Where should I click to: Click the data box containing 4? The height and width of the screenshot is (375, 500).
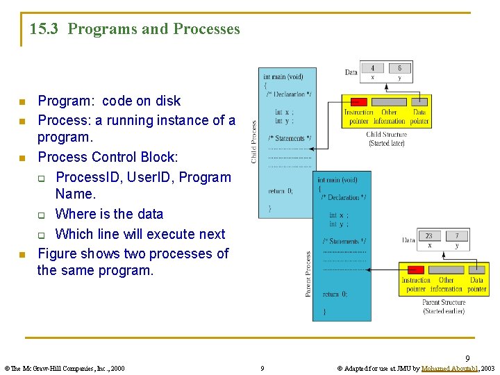pyautogui.click(x=373, y=68)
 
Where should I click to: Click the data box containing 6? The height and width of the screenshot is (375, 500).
pyautogui.click(x=399, y=68)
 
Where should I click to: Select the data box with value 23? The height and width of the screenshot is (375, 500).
pyautogui.click(x=429, y=236)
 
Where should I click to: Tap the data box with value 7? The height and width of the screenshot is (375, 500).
pyautogui.click(x=456, y=236)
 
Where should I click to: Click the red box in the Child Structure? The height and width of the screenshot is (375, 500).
pyautogui.click(x=358, y=101)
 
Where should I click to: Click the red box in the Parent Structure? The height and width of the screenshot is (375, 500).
pyautogui.click(x=415, y=269)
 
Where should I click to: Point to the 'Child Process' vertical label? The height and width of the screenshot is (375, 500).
pyautogui.click(x=253, y=142)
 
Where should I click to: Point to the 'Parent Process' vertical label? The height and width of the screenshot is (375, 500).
pyautogui.click(x=308, y=274)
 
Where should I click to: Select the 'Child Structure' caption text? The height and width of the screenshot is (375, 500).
pyautogui.click(x=386, y=135)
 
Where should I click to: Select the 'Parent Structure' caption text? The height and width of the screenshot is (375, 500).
pyautogui.click(x=444, y=302)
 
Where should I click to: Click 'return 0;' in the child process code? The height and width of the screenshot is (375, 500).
pyautogui.click(x=281, y=191)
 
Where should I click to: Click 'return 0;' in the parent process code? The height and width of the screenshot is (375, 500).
pyautogui.click(x=335, y=294)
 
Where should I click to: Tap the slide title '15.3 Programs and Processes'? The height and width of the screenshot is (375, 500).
pyautogui.click(x=135, y=29)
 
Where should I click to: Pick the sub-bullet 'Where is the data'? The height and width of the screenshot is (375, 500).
pyautogui.click(x=109, y=214)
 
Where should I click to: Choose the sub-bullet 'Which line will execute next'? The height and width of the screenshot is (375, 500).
pyautogui.click(x=140, y=234)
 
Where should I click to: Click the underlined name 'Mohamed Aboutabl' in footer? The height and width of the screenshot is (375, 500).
pyautogui.click(x=449, y=368)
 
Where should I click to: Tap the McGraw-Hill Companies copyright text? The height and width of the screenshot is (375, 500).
pyautogui.click(x=65, y=368)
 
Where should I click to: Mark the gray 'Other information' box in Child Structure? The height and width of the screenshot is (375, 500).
pyautogui.click(x=390, y=101)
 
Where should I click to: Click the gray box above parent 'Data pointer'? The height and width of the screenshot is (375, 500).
pyautogui.click(x=476, y=269)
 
